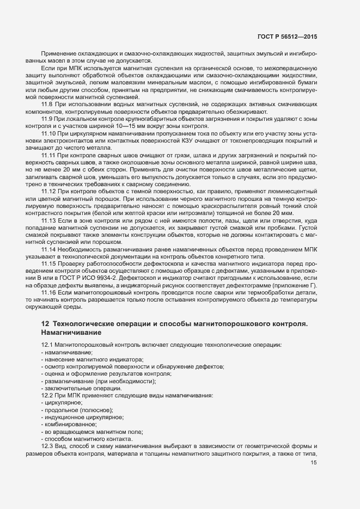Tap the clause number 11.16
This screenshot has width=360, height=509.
click(49, 292)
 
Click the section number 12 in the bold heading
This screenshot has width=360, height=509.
click(45, 324)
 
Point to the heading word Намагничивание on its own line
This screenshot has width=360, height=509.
click(70, 332)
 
